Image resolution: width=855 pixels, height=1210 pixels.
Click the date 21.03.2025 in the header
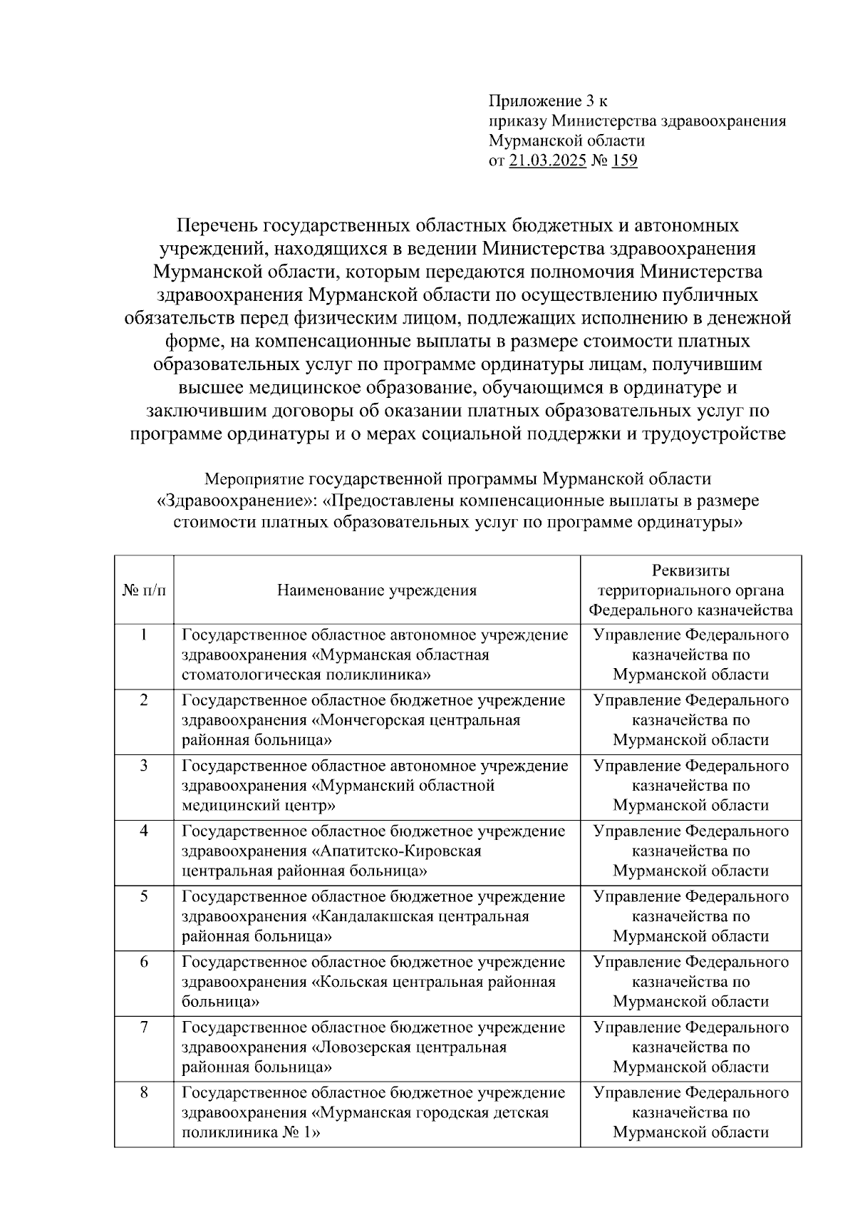pos(547,160)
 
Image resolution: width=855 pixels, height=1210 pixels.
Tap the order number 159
pos(624,160)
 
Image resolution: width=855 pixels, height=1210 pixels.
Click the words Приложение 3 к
pos(548,101)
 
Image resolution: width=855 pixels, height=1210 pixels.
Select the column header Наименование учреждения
pos(377,590)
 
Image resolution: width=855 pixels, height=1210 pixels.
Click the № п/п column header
pos(144,590)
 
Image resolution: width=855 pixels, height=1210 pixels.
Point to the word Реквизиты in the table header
pos(690,571)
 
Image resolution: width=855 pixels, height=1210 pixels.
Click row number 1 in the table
pos(144,635)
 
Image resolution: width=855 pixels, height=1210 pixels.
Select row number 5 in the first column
pos(144,896)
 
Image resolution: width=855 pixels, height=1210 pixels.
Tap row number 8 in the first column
pos(144,1092)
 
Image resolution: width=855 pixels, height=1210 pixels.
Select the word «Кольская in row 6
pos(350,982)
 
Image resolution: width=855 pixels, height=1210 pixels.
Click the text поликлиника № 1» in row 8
pos(250,1132)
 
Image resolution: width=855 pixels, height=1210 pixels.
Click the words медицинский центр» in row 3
pos(259,806)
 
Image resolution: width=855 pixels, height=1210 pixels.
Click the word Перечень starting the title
pos(218,226)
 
